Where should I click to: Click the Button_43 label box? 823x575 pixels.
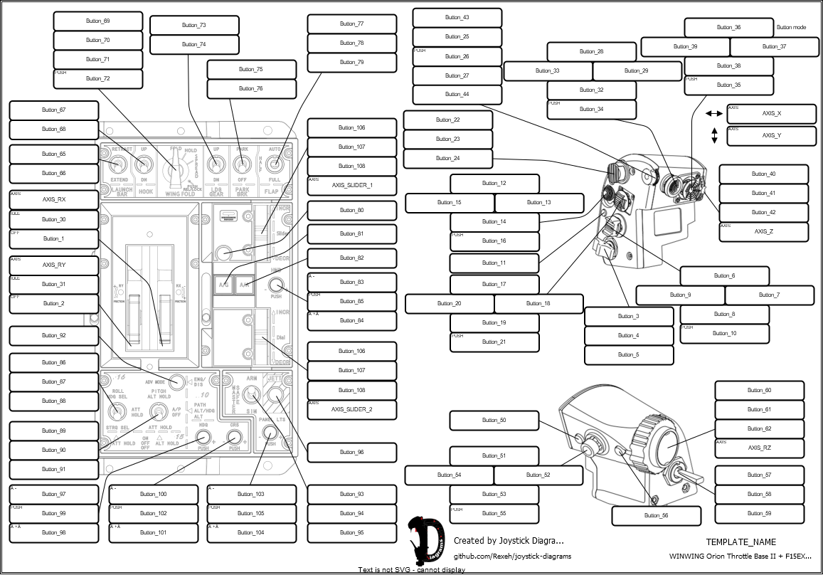(x=457, y=18)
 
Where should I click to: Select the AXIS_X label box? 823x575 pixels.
(x=771, y=114)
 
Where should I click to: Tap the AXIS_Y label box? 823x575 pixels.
(x=771, y=136)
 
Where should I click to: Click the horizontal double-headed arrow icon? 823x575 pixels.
(x=713, y=114)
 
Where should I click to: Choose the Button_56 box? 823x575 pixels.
(x=656, y=515)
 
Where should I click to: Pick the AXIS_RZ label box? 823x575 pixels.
(x=759, y=448)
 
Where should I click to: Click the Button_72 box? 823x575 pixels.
(x=97, y=79)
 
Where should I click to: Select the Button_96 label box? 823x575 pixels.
(x=351, y=453)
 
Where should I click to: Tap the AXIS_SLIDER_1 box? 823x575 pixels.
(x=351, y=186)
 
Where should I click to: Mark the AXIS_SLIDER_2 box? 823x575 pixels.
(x=351, y=410)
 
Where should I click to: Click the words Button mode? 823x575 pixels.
(x=791, y=27)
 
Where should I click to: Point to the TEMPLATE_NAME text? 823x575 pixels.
(x=740, y=542)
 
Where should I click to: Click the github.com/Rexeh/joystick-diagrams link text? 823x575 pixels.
(x=512, y=556)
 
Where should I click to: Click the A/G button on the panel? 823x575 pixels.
(x=223, y=285)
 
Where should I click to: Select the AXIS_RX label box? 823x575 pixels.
(x=53, y=199)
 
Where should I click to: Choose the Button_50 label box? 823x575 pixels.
(x=494, y=421)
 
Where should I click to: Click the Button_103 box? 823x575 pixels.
(x=250, y=494)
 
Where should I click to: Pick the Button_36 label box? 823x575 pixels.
(x=728, y=28)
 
